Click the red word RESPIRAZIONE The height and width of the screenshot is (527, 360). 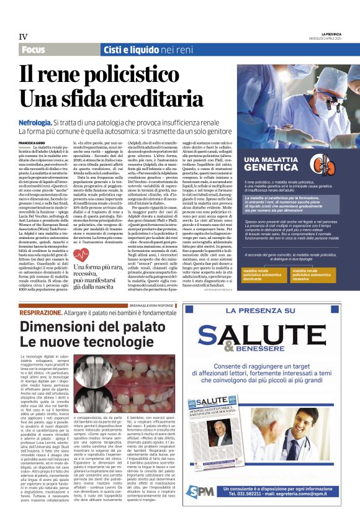tap(40, 312)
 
